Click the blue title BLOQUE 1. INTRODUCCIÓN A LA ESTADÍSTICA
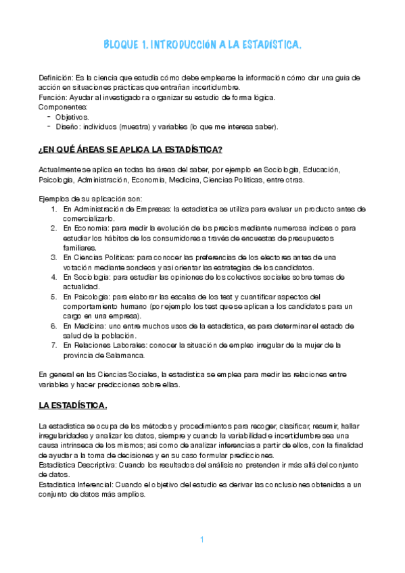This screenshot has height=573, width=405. point(202,45)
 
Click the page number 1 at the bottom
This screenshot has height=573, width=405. point(201,539)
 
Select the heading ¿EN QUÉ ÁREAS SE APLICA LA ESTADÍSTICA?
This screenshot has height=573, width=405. point(131,149)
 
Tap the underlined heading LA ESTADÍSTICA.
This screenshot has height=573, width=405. point(72,406)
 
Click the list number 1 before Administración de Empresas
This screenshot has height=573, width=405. point(55,209)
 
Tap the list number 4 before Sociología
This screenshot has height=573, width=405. point(55,277)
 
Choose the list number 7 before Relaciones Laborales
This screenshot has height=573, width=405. point(55,345)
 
